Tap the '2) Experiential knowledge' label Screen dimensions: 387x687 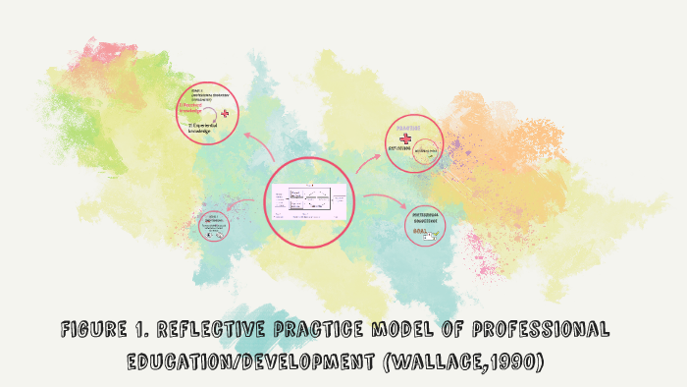click(205, 129)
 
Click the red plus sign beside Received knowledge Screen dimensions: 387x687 click(225, 114)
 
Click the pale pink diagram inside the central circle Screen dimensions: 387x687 click(310, 200)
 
